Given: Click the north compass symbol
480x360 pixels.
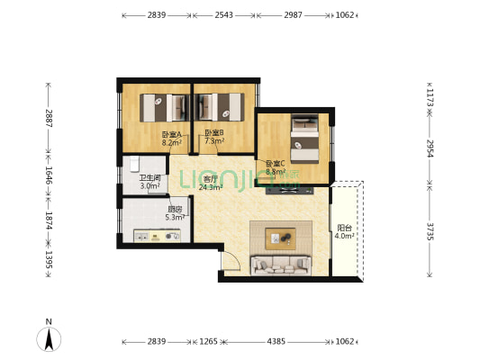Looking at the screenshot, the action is point(49,336).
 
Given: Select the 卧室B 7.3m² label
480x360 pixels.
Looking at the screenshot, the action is point(214,137).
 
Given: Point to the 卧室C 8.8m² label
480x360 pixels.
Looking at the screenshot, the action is point(276,167).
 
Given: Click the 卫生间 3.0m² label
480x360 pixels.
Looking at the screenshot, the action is point(150,182).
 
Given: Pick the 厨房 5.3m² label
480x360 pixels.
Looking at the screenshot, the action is point(175,213).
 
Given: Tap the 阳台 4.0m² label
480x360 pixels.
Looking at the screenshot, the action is point(344,232).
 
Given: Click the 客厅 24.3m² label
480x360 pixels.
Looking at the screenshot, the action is point(211,183).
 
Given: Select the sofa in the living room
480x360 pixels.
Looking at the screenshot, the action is point(281,265).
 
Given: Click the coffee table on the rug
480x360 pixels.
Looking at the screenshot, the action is point(280,238).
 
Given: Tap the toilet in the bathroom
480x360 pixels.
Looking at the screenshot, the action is point(134,164).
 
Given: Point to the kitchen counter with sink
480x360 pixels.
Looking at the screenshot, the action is point(157,236).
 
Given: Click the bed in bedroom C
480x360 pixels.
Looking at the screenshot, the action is point(304,139).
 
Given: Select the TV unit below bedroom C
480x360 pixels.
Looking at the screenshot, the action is point(289,191).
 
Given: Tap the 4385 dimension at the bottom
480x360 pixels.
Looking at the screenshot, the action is point(276,341).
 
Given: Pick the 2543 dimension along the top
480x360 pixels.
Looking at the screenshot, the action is point(223,14).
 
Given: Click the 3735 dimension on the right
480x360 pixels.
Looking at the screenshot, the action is point(430,231).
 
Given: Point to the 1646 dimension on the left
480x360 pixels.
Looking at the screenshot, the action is point(49,175).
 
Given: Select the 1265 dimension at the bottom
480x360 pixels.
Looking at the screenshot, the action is point(208,341).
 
